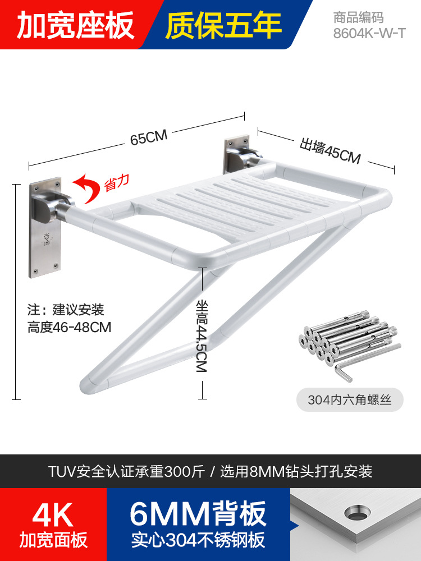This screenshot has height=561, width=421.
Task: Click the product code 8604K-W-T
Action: [x=369, y=33]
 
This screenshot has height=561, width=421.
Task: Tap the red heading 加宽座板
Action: [x=76, y=24]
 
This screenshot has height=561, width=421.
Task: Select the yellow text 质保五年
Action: [x=223, y=24]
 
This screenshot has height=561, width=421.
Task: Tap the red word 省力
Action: [x=117, y=183]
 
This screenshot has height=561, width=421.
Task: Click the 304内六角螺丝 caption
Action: [x=349, y=400]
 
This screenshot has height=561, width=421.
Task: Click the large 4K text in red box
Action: [x=53, y=514]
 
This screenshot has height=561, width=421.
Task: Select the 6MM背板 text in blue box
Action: [x=198, y=513]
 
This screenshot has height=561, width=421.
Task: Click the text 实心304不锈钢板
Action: [x=198, y=540]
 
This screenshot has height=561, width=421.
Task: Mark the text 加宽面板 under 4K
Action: [x=53, y=540]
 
